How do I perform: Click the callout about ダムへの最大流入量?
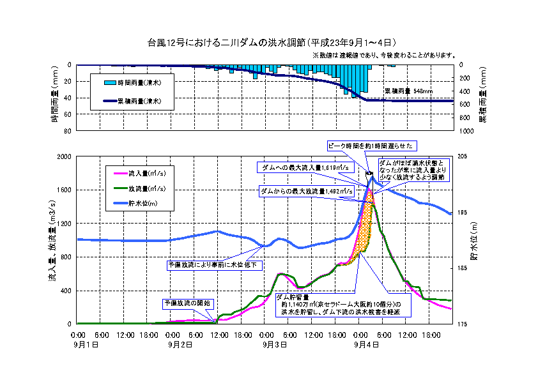point(307,167)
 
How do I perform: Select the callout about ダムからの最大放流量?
point(307,190)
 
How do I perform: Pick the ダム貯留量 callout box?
point(342,305)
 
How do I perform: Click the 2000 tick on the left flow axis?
point(65,156)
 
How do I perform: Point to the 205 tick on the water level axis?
point(465,156)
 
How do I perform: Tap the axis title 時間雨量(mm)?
point(56,97)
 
